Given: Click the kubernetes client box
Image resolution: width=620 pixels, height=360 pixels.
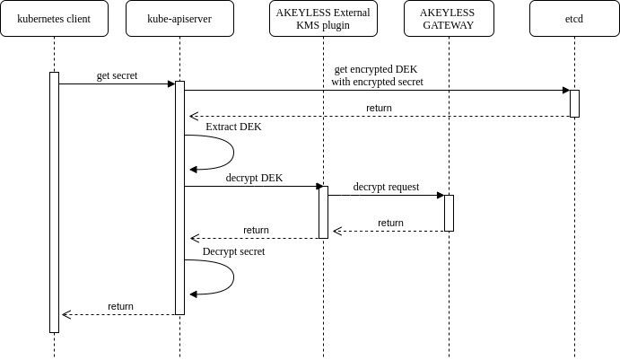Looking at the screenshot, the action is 54,19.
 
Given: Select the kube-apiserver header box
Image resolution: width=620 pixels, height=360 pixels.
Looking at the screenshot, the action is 180,19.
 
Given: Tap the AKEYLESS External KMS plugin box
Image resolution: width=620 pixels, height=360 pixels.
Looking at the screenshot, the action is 323,19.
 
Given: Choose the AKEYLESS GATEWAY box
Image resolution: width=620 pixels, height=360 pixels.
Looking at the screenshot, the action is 449,19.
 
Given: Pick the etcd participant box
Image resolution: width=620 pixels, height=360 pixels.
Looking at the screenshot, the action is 574,19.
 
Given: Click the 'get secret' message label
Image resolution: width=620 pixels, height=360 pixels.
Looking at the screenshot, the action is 117,75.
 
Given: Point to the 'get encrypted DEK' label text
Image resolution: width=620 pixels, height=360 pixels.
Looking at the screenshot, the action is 376,69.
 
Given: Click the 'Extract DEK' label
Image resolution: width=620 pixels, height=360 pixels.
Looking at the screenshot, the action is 233,127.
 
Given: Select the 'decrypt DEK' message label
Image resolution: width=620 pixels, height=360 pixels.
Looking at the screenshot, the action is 254,178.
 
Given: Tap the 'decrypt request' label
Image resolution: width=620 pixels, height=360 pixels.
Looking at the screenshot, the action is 386,187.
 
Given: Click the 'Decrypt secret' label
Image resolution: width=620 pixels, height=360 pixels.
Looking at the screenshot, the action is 233,251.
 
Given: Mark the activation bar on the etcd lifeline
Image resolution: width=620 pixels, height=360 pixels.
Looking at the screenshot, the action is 574,103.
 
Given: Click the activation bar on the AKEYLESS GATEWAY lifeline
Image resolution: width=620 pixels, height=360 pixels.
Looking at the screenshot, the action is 449,213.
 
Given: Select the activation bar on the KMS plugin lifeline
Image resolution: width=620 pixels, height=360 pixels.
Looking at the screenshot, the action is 323,212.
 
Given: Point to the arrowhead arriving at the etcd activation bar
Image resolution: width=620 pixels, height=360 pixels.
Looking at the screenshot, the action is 566,90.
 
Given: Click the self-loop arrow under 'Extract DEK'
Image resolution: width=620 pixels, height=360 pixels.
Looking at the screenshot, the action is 233,153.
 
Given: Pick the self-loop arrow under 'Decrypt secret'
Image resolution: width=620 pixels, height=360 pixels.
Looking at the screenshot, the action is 233,277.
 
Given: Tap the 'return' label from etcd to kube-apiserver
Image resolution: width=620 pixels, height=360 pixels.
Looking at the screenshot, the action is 379,108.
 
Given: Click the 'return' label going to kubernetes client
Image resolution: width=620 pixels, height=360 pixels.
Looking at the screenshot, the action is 120,306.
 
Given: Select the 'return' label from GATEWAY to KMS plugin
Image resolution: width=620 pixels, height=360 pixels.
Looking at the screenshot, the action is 390,223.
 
